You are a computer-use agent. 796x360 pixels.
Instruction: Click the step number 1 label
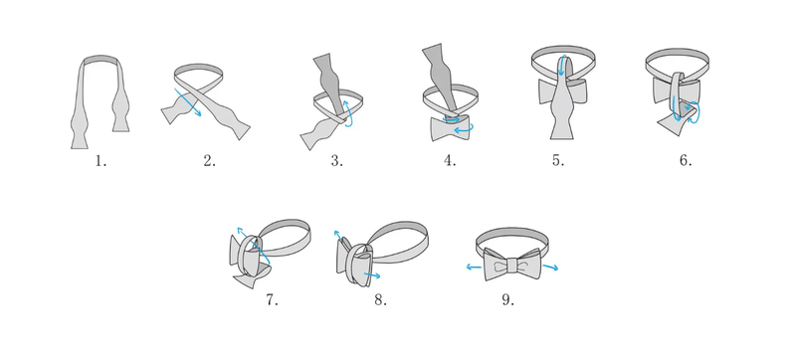(100, 161)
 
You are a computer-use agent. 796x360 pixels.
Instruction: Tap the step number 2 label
(210, 161)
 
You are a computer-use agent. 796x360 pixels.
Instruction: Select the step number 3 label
(337, 161)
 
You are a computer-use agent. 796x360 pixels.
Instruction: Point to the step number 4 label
(450, 161)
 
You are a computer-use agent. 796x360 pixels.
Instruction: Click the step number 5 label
(558, 161)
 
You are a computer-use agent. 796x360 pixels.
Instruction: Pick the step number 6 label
(686, 161)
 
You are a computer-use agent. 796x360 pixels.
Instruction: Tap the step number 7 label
(272, 300)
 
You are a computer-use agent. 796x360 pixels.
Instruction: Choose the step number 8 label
(381, 300)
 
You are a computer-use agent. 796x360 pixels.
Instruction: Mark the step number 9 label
(508, 300)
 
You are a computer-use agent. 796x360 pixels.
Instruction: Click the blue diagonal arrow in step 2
(188, 102)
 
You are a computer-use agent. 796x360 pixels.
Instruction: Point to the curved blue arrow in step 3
(349, 113)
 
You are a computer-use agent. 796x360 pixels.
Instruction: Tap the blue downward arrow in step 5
(562, 66)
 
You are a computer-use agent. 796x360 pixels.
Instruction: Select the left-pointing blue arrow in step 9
(475, 268)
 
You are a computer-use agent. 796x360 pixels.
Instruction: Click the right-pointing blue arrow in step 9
(550, 268)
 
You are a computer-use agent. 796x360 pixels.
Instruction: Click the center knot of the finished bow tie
(511, 266)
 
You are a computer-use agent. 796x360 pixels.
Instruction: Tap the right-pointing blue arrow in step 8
(372, 275)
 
